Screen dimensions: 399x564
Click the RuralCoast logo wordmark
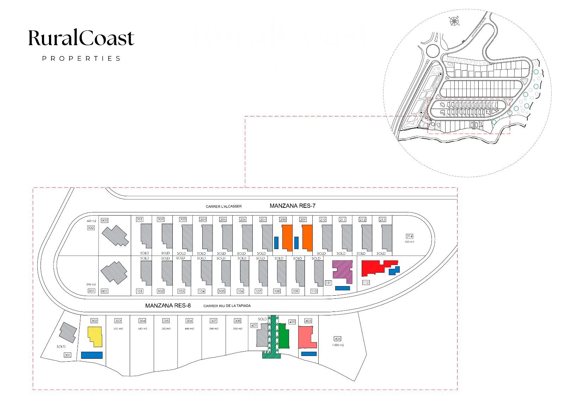81,38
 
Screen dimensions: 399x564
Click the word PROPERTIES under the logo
81,59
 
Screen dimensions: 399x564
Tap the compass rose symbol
454,21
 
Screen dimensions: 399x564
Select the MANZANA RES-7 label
292,206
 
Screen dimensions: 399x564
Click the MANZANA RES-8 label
168,306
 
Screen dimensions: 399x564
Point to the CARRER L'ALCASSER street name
223,206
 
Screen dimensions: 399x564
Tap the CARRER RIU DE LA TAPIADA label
227,306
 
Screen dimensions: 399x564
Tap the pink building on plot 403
306,337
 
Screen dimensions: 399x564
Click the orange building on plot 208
287,237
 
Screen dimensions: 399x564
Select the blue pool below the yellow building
92,355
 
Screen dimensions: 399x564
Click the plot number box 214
409,236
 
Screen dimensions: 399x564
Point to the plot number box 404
337,339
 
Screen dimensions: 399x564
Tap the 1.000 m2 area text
338,345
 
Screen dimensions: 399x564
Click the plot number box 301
67,355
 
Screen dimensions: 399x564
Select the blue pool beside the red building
394,271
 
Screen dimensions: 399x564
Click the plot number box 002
104,220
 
